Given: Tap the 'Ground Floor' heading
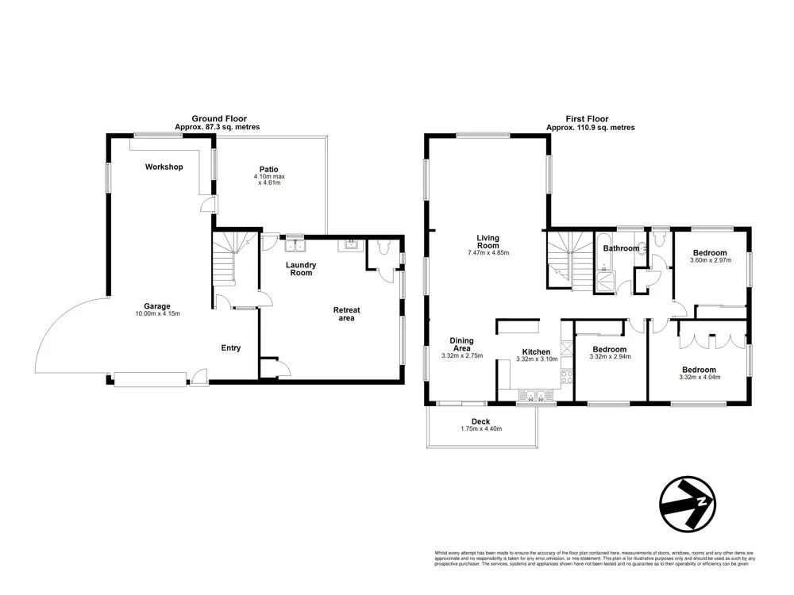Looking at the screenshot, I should point(217,118).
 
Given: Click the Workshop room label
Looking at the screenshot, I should point(164,167).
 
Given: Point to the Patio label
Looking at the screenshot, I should point(268,168).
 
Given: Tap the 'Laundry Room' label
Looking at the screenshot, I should point(301,269).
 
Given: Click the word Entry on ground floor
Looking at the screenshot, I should point(230,347).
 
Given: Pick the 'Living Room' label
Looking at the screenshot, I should point(488,241).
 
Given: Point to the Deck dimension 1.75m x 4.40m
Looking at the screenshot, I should point(481,429).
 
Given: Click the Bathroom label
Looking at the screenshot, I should point(620,248).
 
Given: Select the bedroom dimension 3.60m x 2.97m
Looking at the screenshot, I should point(710,260).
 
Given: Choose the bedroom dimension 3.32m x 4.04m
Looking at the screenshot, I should point(699,378).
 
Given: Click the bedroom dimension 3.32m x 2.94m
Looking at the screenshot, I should point(609,357).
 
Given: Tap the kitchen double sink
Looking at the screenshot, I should point(532,395).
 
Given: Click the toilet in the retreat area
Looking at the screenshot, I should point(384,250).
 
